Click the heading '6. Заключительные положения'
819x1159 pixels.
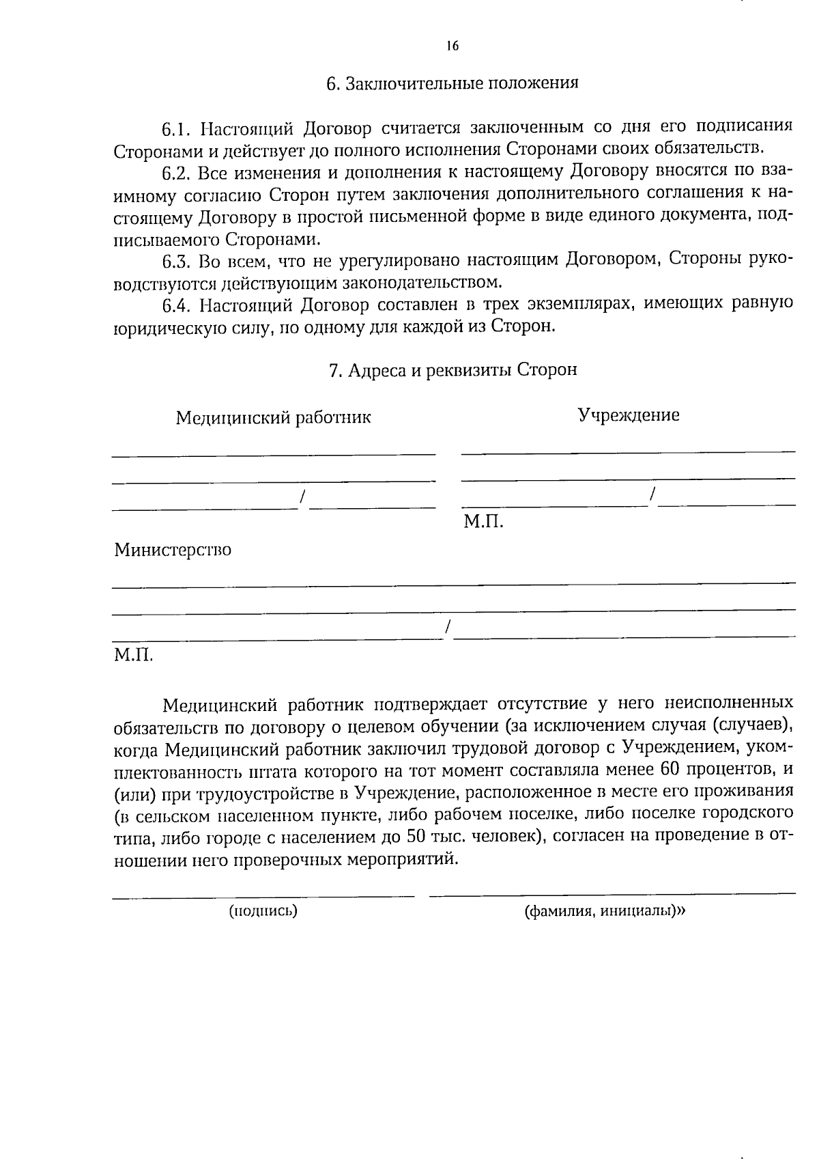[x=452, y=83]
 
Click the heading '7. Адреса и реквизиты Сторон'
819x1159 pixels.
[x=452, y=370]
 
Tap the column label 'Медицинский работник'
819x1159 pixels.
[x=273, y=417]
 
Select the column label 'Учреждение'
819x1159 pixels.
[x=629, y=415]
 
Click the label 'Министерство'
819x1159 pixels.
[x=173, y=550]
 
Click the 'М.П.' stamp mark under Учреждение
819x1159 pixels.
[x=483, y=522]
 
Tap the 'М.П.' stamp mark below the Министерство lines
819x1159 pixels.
[x=133, y=656]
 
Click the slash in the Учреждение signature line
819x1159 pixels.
[x=653, y=496]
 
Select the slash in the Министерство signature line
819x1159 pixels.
[x=448, y=628]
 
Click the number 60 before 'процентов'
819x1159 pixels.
[x=672, y=769]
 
